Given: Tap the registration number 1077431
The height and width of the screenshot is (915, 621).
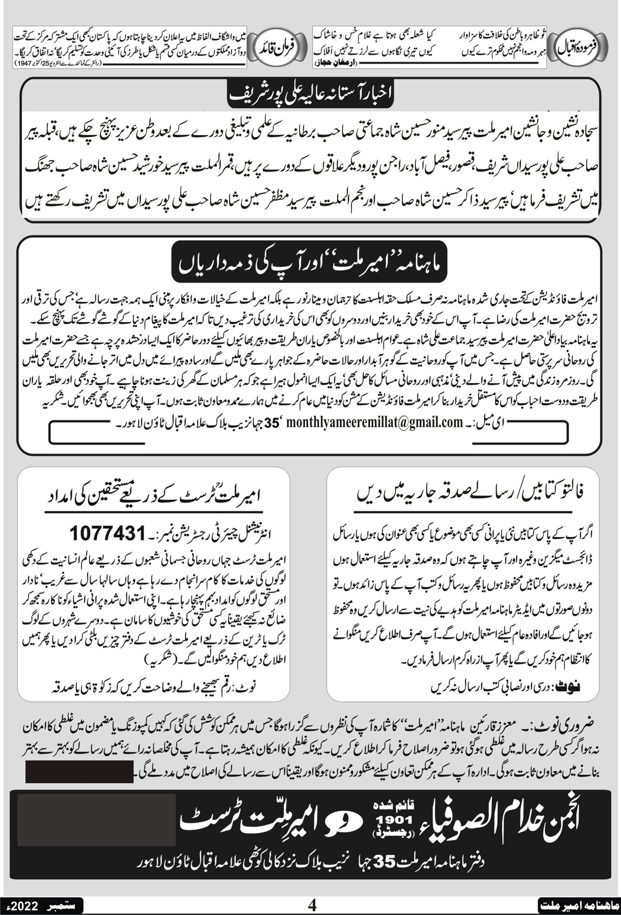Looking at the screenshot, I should click(107, 533).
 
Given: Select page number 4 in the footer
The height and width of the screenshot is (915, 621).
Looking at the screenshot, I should click(312, 905).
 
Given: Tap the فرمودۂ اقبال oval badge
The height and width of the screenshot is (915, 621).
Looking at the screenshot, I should click(581, 48).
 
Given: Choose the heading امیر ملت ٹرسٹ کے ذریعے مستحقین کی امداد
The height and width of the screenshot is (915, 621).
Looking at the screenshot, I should click(153, 494).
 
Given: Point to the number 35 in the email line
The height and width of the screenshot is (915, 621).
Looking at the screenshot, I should click(277, 422).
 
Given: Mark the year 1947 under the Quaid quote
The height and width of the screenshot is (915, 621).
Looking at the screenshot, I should click(25, 63).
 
